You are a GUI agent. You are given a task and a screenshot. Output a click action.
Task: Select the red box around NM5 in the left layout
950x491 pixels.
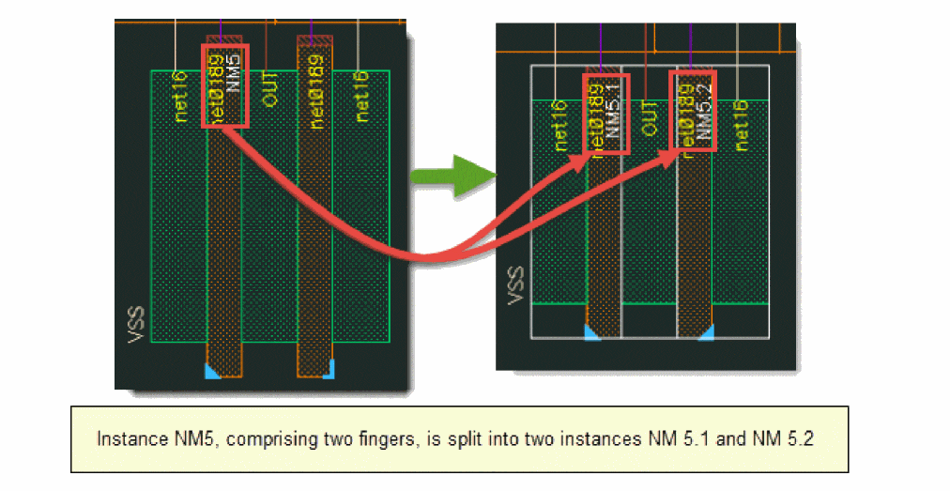(x=225, y=85)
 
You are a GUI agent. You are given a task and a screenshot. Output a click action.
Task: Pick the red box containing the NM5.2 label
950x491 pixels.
(x=692, y=110)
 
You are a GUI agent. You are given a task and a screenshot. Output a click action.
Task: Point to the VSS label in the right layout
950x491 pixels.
(x=513, y=285)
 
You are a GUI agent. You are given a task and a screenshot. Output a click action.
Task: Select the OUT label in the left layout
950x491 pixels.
(x=270, y=86)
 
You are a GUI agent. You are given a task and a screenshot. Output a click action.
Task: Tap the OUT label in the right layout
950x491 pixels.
(x=648, y=117)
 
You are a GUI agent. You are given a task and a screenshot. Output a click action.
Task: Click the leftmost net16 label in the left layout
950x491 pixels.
(x=180, y=95)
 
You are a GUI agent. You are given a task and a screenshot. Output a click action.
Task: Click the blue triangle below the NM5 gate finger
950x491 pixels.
(x=212, y=372)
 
